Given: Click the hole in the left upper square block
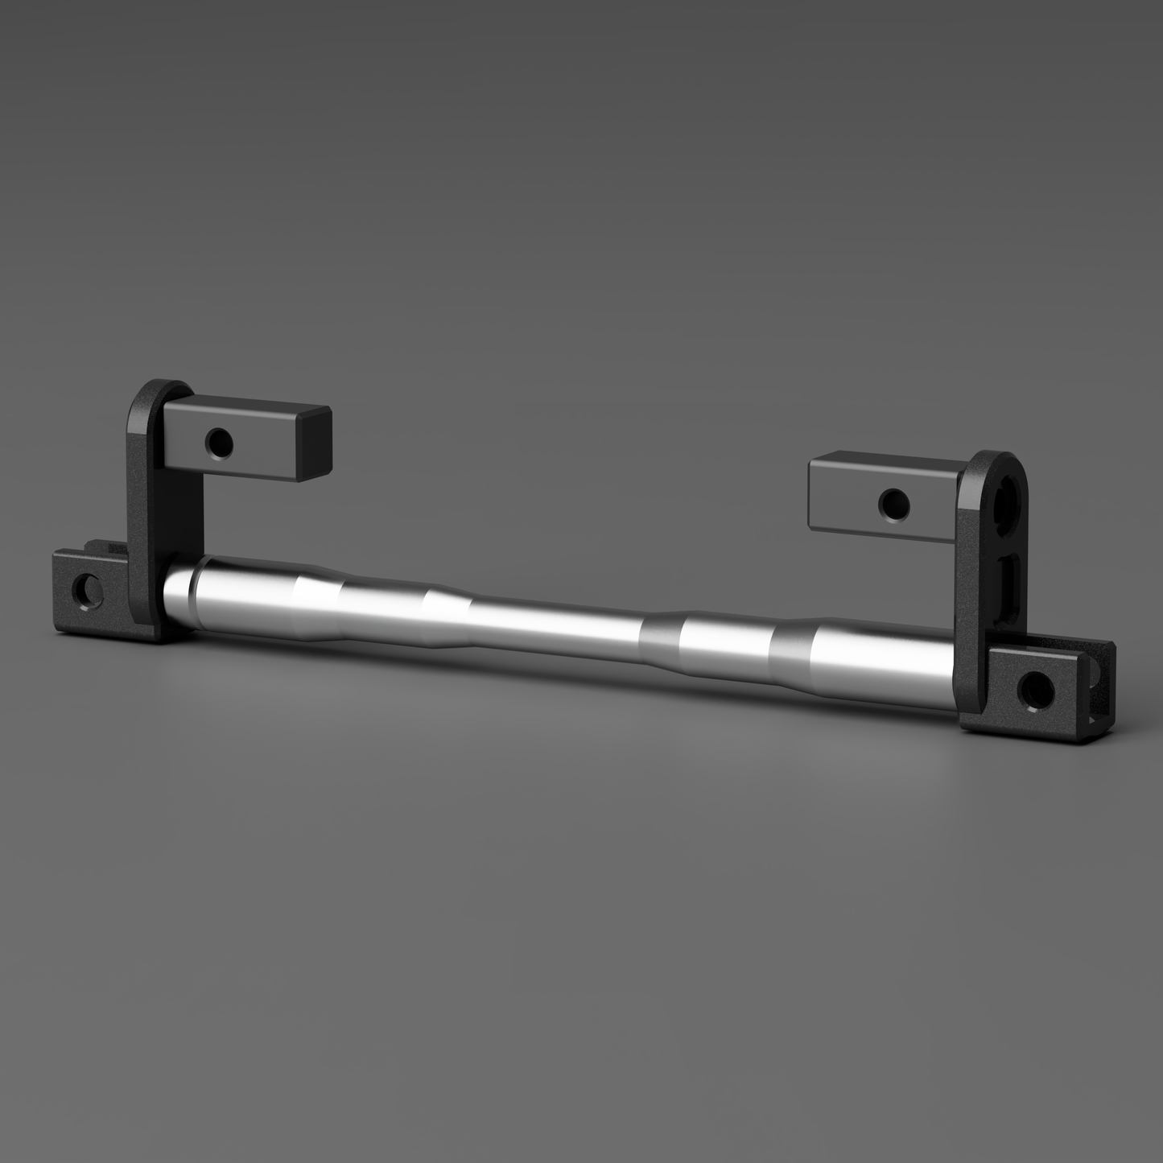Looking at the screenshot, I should [218, 441].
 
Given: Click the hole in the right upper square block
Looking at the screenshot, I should [894, 505].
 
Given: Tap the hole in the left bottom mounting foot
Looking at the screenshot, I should [85, 592].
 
